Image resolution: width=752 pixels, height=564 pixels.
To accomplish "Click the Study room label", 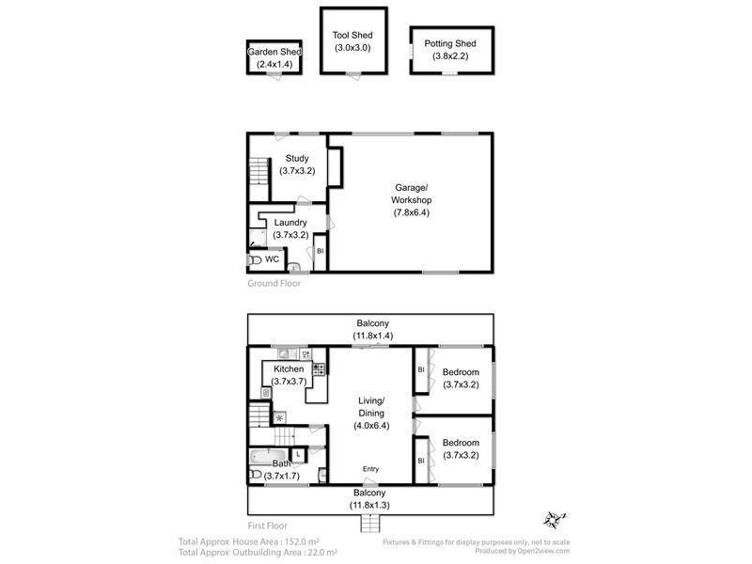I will tap(297, 159).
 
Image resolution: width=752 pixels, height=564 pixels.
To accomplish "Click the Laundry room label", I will tap(290, 223).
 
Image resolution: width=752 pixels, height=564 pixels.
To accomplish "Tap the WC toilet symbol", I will tap(255, 260).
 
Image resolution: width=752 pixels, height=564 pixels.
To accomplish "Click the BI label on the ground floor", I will tap(320, 252).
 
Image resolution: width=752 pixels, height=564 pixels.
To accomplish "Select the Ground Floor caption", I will tap(274, 283).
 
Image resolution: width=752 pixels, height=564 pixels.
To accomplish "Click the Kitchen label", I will tap(289, 369).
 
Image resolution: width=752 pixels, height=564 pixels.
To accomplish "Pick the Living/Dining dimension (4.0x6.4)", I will tap(371, 425).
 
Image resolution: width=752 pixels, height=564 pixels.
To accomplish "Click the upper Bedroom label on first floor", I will tap(461, 371).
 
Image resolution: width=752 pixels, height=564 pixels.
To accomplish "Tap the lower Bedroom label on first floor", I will tap(461, 443).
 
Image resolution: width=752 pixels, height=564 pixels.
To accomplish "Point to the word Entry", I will tap(372, 469).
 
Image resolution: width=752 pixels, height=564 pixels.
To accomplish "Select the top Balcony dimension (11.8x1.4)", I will tap(371, 335).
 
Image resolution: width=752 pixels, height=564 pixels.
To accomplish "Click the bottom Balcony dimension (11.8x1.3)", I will tap(371, 505).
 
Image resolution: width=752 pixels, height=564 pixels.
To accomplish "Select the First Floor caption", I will tap(269, 525).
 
